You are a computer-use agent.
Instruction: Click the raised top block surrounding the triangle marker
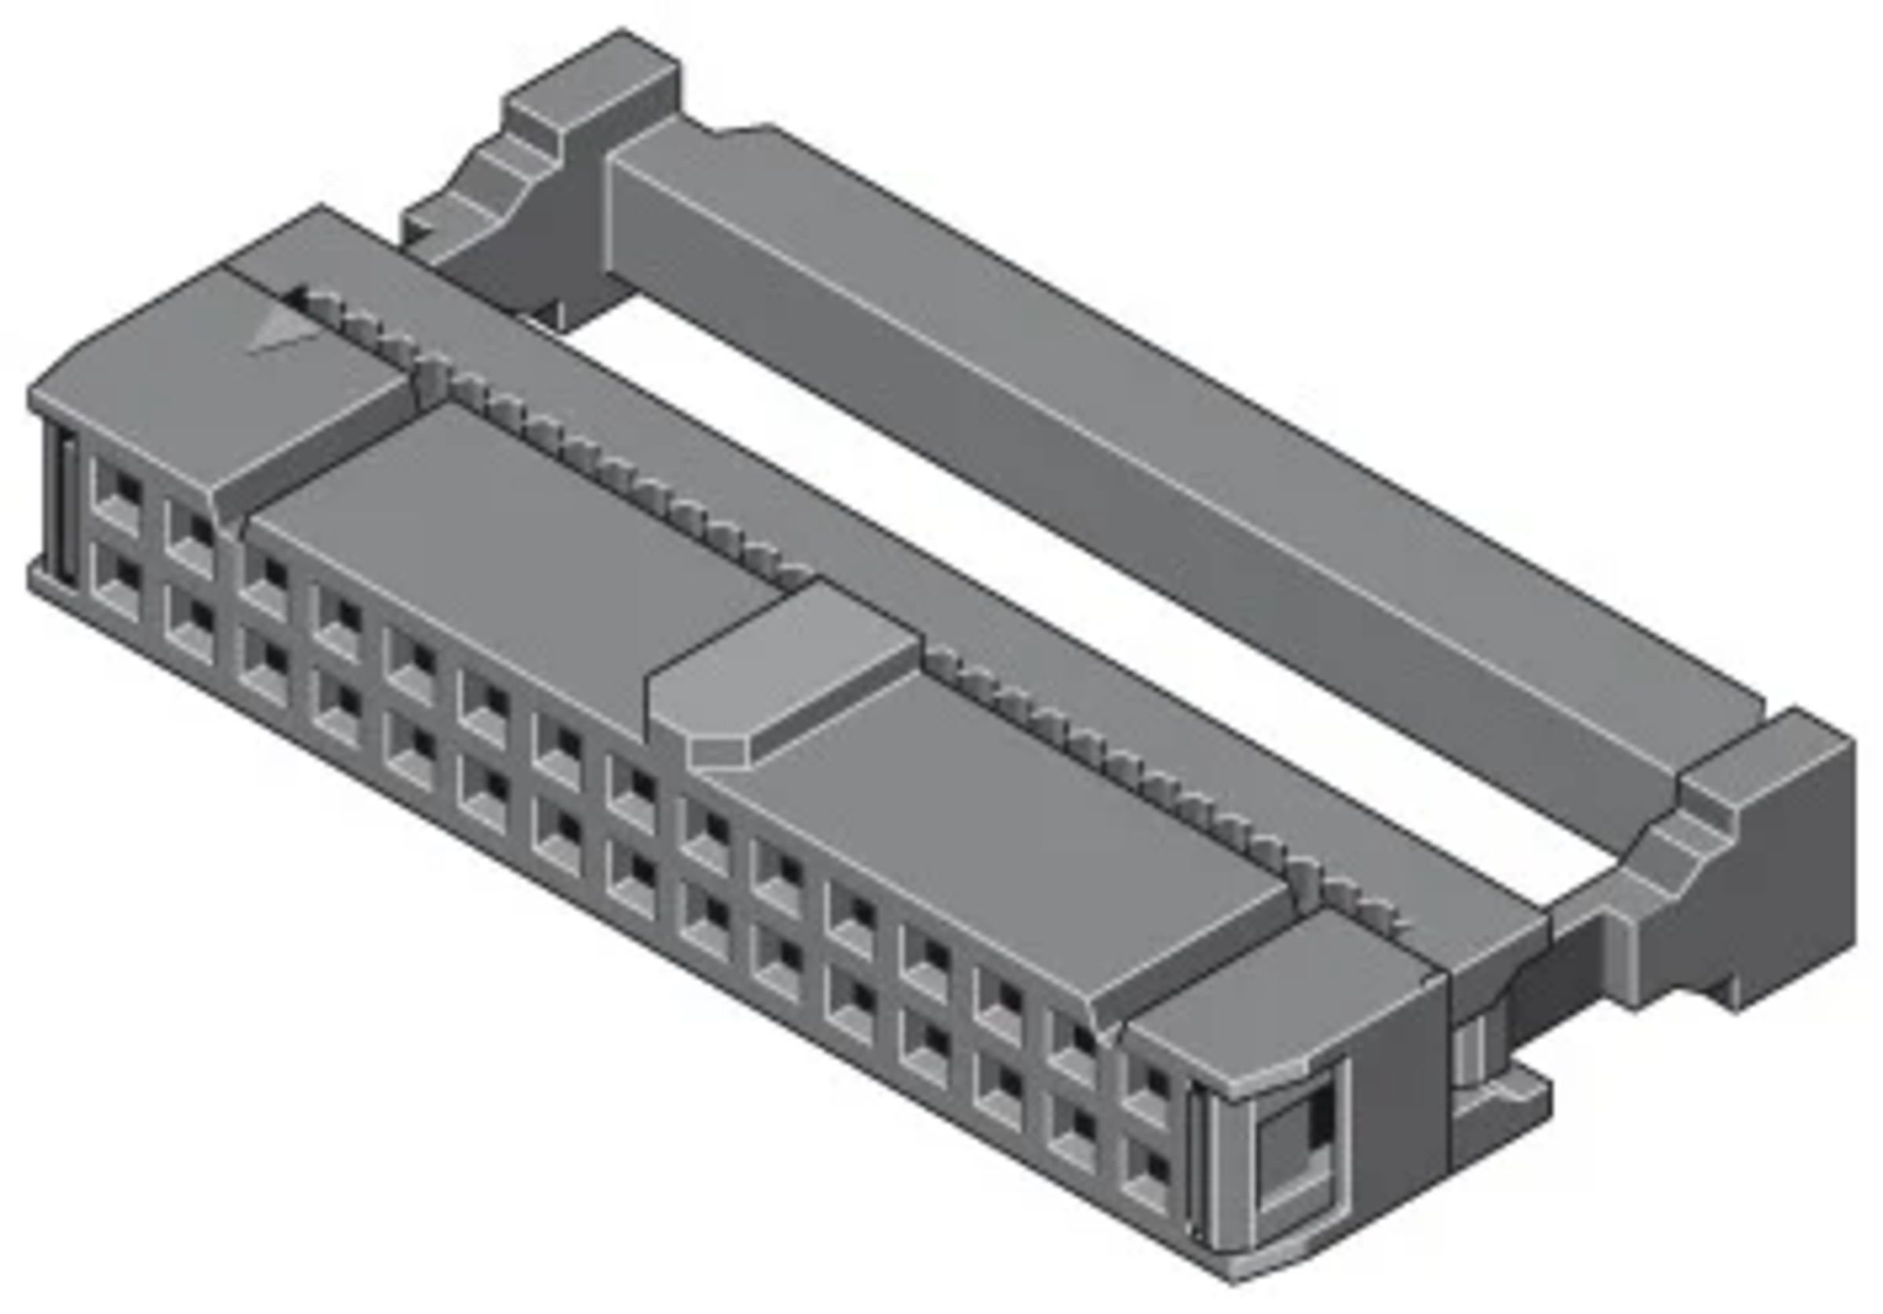pyautogui.click(x=213, y=377)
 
